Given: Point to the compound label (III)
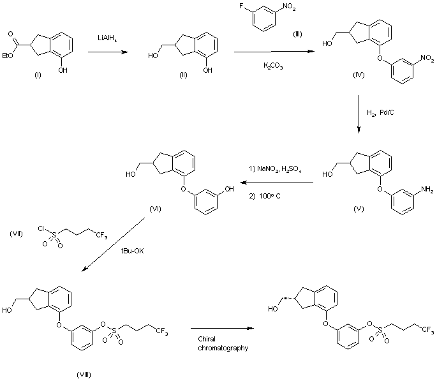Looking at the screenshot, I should pos(297,34).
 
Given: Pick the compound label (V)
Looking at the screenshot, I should pos(362,208).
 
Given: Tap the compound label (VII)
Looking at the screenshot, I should pos(17,234).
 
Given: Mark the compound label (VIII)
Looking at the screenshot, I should pos(83,373).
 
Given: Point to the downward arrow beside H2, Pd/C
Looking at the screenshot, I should pos(359,115).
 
